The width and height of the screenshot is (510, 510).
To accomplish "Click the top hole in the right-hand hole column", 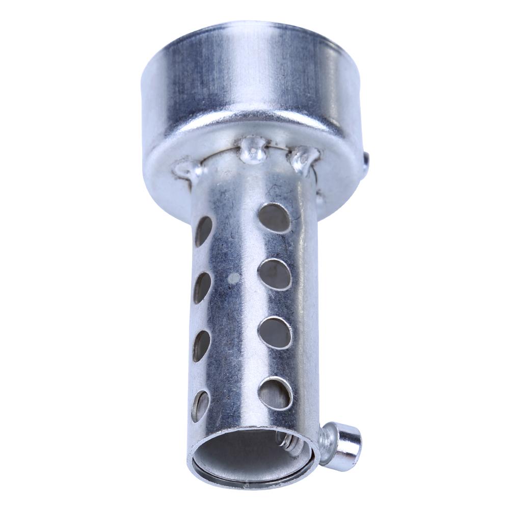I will [275, 218].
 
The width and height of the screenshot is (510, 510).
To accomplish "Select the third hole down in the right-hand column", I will [275, 332].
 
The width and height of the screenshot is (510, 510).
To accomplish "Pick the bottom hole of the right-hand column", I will [276, 393].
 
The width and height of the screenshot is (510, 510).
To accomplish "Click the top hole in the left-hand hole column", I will [203, 230].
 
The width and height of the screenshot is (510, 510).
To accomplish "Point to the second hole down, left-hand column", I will [202, 288].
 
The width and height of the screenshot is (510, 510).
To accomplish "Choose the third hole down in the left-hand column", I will [202, 345].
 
